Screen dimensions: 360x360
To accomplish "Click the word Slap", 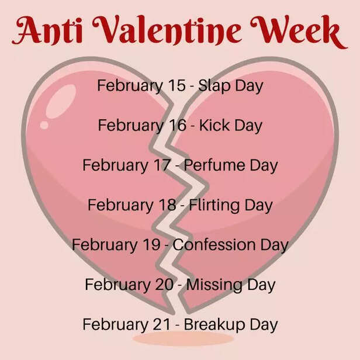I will [214, 86].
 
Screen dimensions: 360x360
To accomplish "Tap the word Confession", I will [214, 245].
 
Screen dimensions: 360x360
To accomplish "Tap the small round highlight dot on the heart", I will [44, 124].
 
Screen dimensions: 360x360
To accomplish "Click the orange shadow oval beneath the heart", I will [175, 339].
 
